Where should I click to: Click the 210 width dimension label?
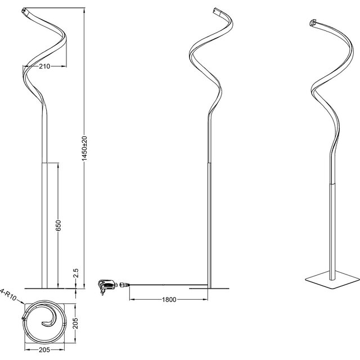coord(46,66)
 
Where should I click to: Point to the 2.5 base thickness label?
coord(75,273)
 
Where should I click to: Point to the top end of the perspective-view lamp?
coord(313,22)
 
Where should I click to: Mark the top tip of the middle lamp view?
coord(215,10)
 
